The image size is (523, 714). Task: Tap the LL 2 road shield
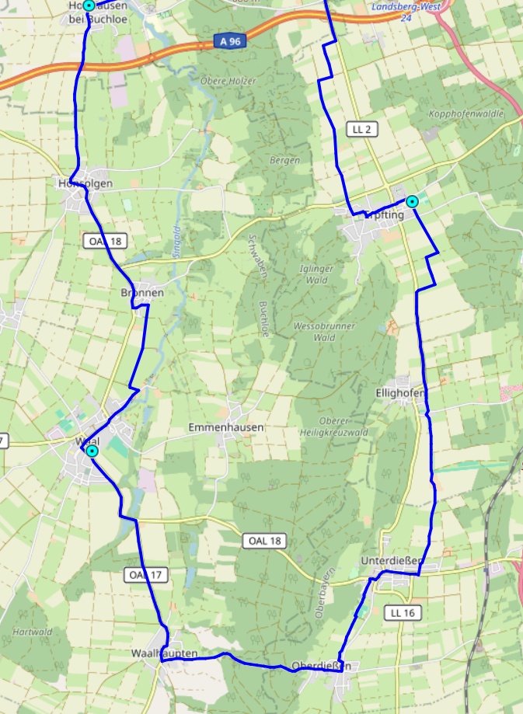click(x=362, y=129)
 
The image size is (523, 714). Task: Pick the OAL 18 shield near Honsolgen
click(x=104, y=241)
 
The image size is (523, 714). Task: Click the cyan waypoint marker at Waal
click(x=92, y=451)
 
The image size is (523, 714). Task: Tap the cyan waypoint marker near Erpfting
click(x=413, y=201)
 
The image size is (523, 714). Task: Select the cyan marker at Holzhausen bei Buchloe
click(x=89, y=5)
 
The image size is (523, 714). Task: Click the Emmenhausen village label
click(x=226, y=427)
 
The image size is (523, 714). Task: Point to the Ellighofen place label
click(x=400, y=393)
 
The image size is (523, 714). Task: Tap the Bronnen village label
click(x=142, y=293)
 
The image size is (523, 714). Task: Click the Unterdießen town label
click(x=392, y=560)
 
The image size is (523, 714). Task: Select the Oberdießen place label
click(x=322, y=666)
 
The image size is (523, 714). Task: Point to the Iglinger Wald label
click(x=316, y=274)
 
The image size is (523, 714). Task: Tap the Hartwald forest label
click(x=30, y=632)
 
